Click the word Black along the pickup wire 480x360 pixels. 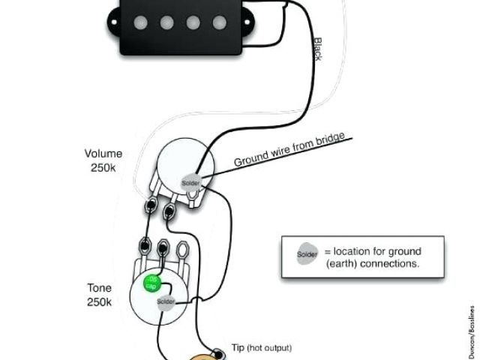(x=317, y=50)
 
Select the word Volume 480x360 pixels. (x=103, y=154)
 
